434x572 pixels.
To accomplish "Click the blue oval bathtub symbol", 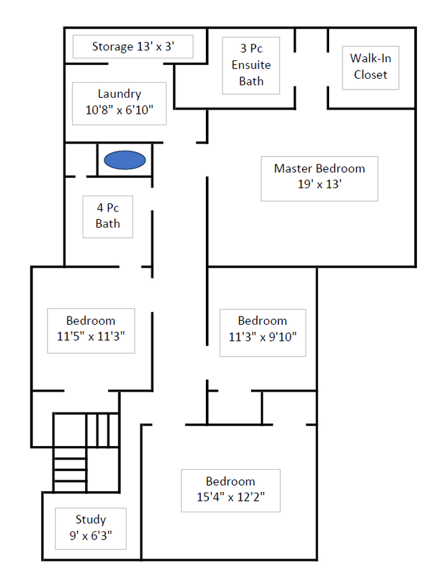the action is click(x=125, y=160).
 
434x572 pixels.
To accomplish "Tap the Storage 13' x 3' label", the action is click(x=133, y=46).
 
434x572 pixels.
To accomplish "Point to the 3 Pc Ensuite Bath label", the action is click(x=251, y=65).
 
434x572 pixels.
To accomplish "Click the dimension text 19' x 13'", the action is click(x=320, y=184).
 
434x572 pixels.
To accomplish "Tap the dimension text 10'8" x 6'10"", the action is click(x=119, y=110).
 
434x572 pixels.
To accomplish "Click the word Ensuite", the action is click(x=251, y=65).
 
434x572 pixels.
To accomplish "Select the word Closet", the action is click(x=370, y=75).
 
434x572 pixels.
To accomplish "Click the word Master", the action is click(x=294, y=168).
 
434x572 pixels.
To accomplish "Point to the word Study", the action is click(x=91, y=519).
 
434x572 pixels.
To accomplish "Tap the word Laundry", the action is click(x=119, y=94).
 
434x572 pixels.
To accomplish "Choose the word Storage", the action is click(x=112, y=46).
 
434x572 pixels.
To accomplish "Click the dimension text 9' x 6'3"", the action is click(x=91, y=536).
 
